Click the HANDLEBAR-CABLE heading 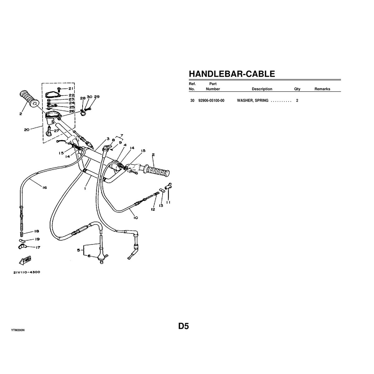click(x=232, y=74)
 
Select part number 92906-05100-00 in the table click(x=211, y=101)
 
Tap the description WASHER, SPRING click(x=252, y=101)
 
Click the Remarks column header click(x=322, y=89)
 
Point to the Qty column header click(x=297, y=89)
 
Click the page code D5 click(x=184, y=326)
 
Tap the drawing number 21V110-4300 click(x=26, y=272)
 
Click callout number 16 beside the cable click(x=45, y=188)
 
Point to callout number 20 click(x=27, y=130)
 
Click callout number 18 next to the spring click(x=37, y=231)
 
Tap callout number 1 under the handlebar click(x=85, y=188)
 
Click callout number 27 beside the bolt click(x=56, y=131)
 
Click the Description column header click(x=262, y=89)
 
